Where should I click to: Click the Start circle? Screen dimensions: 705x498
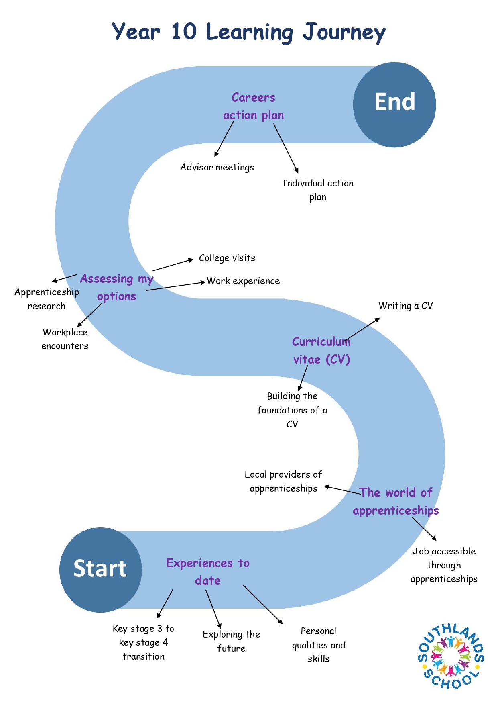(x=100, y=570)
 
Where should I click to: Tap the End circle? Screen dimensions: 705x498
(x=394, y=104)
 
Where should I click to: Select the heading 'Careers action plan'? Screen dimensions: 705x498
(x=253, y=106)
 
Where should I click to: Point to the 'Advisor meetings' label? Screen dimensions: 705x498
(x=217, y=167)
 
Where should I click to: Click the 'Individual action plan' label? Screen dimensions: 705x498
(x=318, y=190)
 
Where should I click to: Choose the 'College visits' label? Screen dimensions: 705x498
(x=227, y=258)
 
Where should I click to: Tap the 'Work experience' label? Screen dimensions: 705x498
(x=243, y=281)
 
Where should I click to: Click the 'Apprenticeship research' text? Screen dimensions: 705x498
(x=47, y=299)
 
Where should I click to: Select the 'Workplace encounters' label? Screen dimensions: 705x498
(x=65, y=339)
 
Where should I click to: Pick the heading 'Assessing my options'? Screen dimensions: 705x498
(x=116, y=288)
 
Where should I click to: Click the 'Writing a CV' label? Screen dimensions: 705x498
(x=406, y=306)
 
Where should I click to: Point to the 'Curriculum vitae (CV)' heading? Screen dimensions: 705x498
(x=321, y=350)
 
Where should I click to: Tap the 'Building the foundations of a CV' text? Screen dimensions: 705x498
(x=292, y=410)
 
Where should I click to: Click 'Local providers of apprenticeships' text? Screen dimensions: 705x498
(x=283, y=481)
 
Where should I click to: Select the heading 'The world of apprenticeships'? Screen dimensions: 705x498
(x=396, y=501)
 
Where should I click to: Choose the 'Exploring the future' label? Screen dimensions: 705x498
(x=231, y=641)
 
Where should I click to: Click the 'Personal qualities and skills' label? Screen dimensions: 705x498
(x=319, y=645)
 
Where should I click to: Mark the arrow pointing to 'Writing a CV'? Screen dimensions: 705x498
(x=361, y=330)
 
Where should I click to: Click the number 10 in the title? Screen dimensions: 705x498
(x=184, y=31)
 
